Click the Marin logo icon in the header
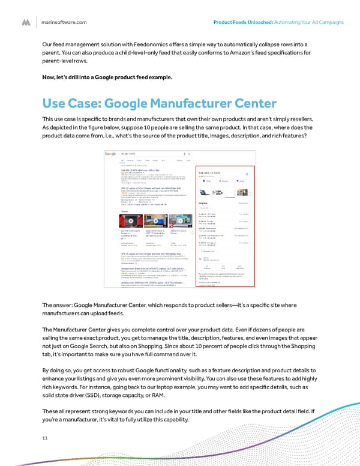(x=27, y=22)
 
